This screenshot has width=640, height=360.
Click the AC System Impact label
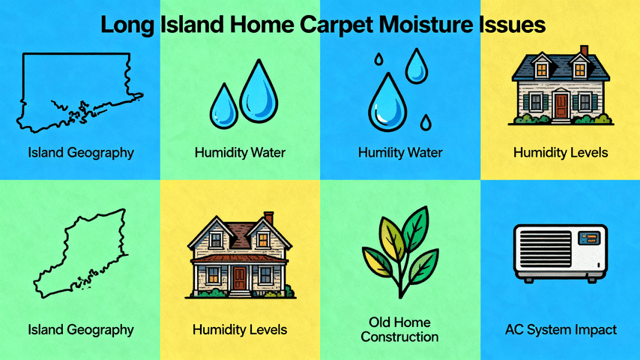pos(561,329)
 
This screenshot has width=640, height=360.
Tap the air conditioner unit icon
pos(560,253)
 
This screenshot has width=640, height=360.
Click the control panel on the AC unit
pos(587,240)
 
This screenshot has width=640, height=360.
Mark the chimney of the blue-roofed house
pos(584,52)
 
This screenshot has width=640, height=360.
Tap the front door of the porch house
pos(239,277)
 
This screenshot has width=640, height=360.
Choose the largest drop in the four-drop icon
pos(386,102)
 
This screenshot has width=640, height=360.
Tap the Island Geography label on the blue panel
pos(80,153)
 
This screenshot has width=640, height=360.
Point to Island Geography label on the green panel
pos(80,329)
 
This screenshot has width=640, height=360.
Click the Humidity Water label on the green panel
pos(240,153)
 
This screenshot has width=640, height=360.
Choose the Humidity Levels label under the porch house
pos(240,329)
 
